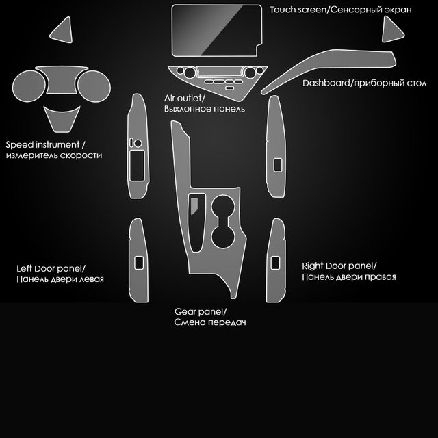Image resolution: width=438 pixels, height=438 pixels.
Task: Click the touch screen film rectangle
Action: [x=216, y=31]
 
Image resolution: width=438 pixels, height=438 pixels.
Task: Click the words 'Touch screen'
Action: [x=296, y=10]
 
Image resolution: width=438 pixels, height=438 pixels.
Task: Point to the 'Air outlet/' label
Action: [x=189, y=99]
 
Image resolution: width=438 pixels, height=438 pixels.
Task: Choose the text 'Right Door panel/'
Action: [x=339, y=266]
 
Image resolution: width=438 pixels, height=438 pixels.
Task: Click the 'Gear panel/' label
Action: [x=201, y=311]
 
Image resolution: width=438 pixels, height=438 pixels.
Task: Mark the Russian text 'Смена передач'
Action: [x=210, y=322]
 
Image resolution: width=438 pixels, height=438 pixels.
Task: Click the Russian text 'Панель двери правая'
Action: [x=349, y=277]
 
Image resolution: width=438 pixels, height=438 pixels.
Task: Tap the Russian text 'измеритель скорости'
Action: [x=54, y=156]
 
